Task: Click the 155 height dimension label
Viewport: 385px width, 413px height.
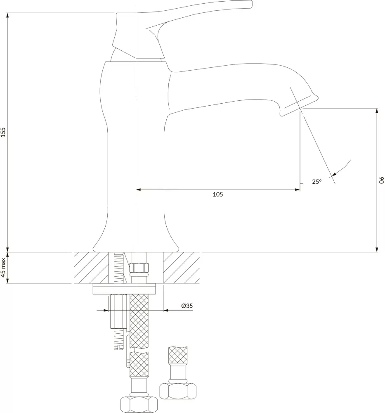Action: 3,132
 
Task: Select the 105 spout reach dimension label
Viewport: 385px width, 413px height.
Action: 218,194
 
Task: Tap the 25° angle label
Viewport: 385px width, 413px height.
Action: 317,181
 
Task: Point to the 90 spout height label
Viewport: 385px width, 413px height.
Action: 381,180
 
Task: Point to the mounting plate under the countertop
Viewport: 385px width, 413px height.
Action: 124,288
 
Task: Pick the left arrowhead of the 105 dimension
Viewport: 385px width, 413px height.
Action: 139,190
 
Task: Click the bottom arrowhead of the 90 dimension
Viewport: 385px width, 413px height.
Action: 376,249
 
